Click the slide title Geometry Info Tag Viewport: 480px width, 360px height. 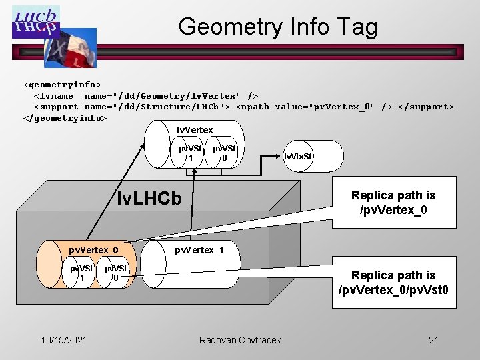point(278,27)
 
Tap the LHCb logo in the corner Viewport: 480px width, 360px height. point(35,22)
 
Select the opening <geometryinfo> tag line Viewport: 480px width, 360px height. point(63,85)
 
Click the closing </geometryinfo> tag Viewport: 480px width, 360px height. point(65,117)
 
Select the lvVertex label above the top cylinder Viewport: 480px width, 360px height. point(195,130)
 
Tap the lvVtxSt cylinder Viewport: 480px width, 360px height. point(297,157)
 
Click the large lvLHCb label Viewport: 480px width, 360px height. point(149,198)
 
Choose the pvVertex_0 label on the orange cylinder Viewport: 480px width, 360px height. point(94,250)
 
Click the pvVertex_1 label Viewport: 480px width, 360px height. point(199,250)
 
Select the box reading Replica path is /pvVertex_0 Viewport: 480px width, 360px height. point(393,202)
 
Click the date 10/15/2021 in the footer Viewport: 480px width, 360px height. point(64,340)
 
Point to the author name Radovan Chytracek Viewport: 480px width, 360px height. point(240,340)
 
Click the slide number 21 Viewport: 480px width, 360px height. point(433,340)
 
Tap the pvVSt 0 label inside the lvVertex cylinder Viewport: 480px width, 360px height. point(224,153)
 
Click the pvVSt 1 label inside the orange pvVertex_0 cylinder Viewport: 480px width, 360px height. point(82,273)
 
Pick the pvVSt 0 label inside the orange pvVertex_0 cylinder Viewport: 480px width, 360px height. point(115,273)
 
